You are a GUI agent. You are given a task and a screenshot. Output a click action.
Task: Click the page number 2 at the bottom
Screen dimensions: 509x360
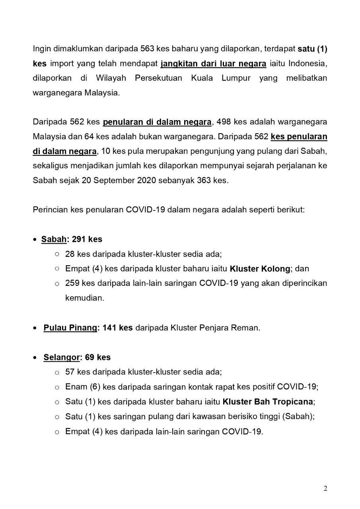pos(325,489)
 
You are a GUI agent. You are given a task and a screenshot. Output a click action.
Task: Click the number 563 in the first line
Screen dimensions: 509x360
pos(148,49)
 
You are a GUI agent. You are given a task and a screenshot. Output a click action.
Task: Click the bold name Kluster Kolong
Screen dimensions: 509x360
pos(260,269)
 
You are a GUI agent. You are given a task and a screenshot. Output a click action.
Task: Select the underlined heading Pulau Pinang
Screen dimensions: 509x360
pos(70,328)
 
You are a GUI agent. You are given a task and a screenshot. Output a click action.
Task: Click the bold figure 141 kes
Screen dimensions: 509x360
pos(118,328)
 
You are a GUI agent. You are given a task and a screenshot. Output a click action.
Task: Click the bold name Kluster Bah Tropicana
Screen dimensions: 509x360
pos(268,402)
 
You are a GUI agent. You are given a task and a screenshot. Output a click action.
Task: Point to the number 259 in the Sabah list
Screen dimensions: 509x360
pos(72,284)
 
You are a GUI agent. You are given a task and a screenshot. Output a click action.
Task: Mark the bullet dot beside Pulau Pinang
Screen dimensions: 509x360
pos(35,328)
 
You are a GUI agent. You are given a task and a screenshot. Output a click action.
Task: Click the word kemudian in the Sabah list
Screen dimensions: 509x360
pos(84,298)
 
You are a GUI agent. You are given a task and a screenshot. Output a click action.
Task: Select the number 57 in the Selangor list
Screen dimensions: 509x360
pos(70,372)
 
